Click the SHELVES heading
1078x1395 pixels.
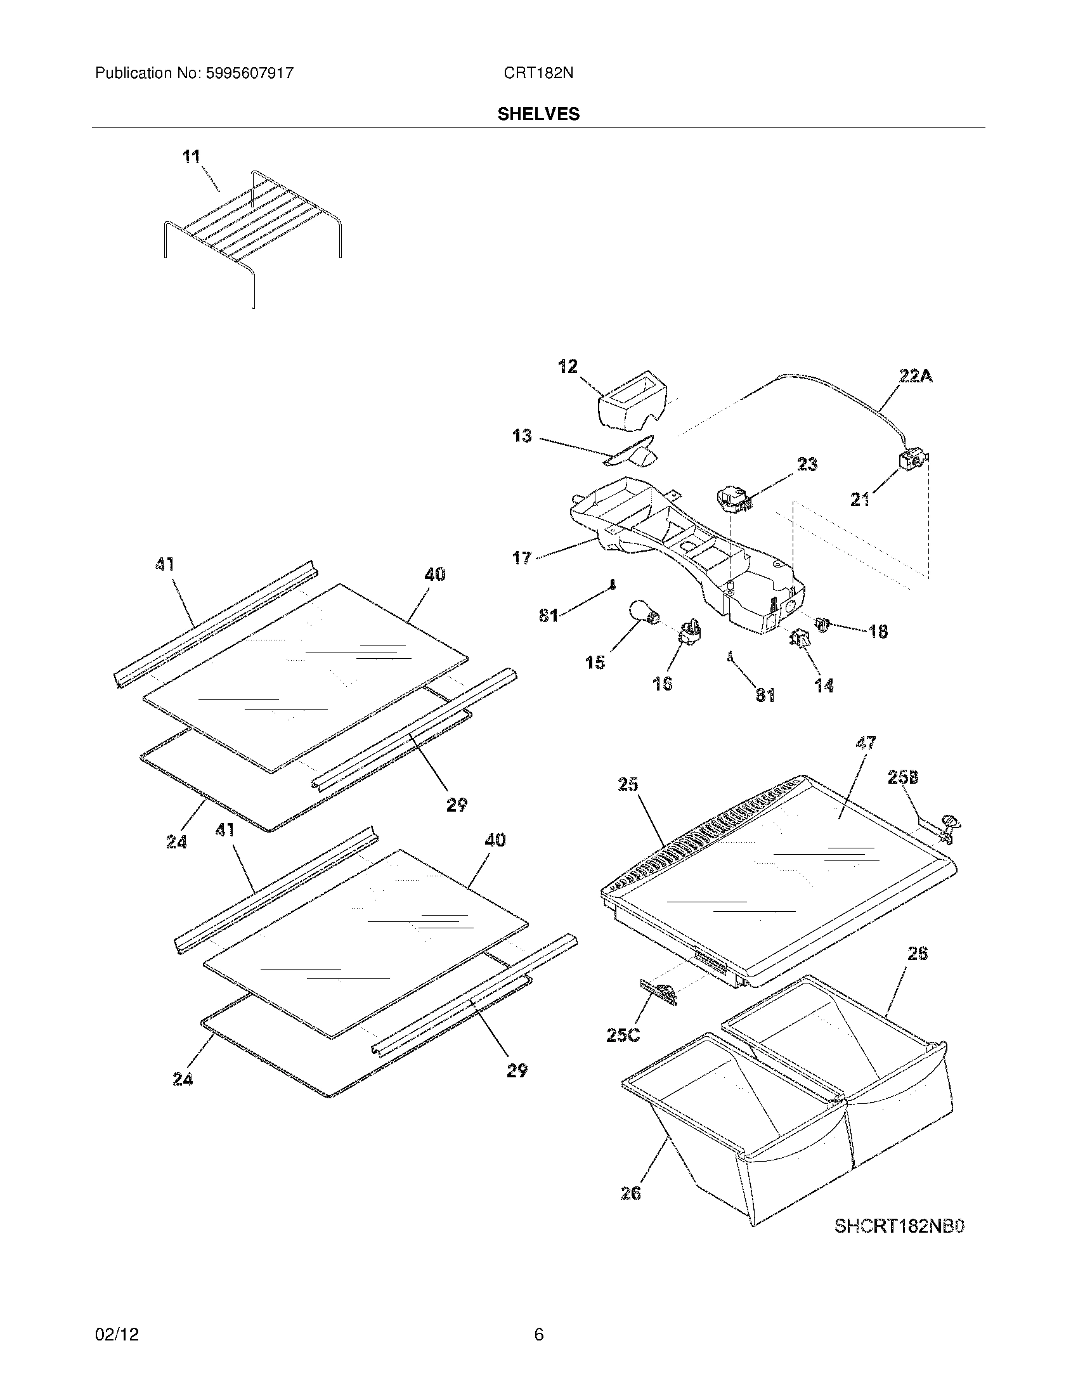[538, 114]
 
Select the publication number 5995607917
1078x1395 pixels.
[249, 74]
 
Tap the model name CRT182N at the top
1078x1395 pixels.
[538, 74]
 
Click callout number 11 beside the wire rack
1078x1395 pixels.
[191, 157]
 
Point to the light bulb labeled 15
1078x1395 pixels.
[642, 613]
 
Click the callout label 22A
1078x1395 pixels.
[916, 377]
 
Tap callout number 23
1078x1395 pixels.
[807, 464]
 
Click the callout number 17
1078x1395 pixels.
[522, 557]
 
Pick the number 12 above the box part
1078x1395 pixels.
[567, 367]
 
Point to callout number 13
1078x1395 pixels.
[522, 436]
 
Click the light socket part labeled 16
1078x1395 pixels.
[691, 632]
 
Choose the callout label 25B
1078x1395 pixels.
[903, 777]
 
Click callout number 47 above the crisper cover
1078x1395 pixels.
[866, 744]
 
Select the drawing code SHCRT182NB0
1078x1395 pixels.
[899, 1226]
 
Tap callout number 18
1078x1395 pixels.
[878, 632]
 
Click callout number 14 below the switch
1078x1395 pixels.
[824, 686]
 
